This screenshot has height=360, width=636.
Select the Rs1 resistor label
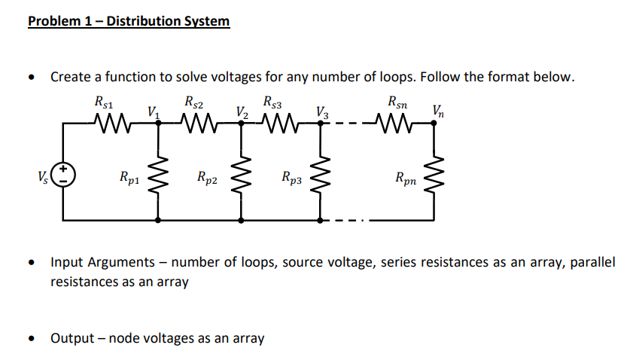click(x=104, y=101)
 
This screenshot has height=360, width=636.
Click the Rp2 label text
click(x=205, y=178)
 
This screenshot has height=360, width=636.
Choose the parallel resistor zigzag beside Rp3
click(x=321, y=178)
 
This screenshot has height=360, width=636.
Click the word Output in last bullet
click(x=73, y=338)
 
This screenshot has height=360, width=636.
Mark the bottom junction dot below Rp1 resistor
click(x=158, y=221)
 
